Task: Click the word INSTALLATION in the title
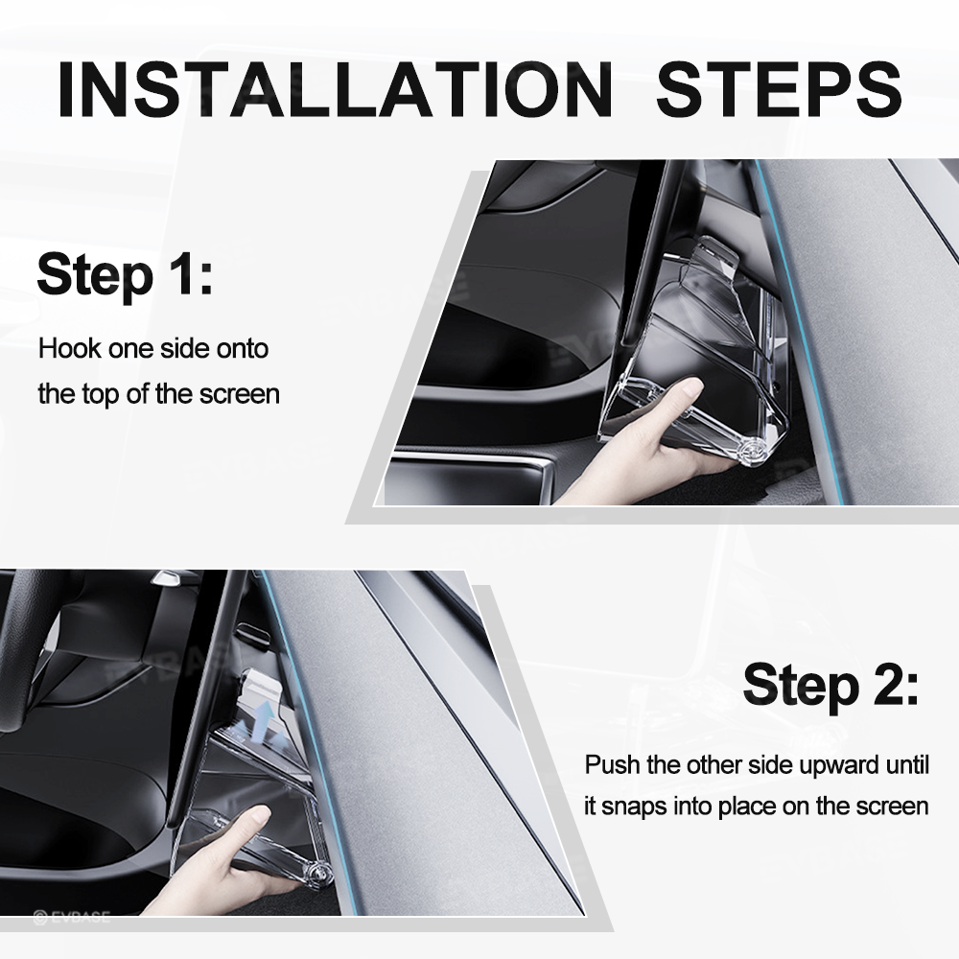click(x=335, y=89)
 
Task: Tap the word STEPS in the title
click(x=779, y=89)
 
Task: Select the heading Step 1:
click(x=125, y=274)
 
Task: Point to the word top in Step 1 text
click(x=103, y=393)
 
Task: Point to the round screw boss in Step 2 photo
click(x=318, y=871)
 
